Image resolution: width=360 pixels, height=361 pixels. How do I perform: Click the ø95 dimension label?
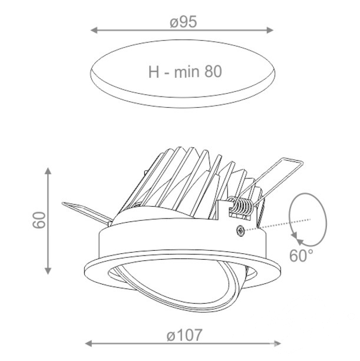coord(184,22)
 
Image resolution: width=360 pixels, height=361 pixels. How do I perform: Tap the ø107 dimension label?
coord(184,335)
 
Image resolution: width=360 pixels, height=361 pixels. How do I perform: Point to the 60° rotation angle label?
coord(301,256)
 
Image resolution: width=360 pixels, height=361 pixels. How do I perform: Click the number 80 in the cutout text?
coord(213,71)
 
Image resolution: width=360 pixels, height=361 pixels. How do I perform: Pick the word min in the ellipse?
coord(187,71)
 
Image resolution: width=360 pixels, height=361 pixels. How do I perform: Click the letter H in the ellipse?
coord(154,72)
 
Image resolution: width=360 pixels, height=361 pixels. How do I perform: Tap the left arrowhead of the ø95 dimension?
coord(94,30)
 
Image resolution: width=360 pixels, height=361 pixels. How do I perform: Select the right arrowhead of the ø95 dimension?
coord(270,30)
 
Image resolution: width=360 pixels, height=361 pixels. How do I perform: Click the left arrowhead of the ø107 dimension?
coord(89,344)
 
